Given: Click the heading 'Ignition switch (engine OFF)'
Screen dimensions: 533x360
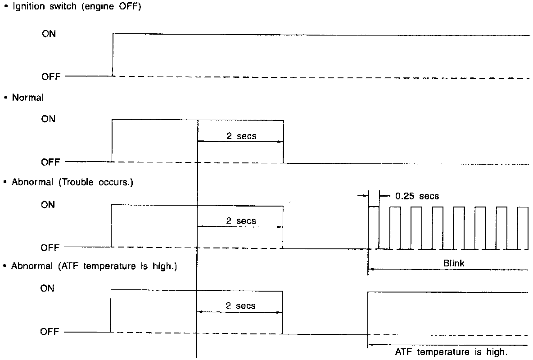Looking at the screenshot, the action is click(x=75, y=8).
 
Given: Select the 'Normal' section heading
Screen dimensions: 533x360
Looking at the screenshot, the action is click(x=28, y=98).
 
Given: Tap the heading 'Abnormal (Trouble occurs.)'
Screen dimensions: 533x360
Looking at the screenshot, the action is click(x=72, y=183).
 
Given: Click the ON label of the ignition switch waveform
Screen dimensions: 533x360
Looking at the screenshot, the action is click(x=49, y=34).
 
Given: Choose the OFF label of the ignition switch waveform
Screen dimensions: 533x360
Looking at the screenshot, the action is click(x=51, y=77).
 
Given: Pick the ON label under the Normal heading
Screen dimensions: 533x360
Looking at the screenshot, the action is click(x=49, y=119).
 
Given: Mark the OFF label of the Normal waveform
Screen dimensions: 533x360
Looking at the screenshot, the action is click(x=51, y=162).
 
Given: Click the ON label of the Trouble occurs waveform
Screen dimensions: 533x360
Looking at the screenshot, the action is click(x=49, y=205).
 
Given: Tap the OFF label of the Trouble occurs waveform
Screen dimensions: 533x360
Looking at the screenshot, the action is click(x=51, y=248).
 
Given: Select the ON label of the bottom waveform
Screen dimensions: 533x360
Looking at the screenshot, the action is click(x=47, y=288).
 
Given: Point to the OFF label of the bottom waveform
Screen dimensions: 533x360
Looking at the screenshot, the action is click(x=50, y=332).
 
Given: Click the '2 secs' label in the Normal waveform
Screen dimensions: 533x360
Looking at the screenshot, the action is click(x=241, y=135).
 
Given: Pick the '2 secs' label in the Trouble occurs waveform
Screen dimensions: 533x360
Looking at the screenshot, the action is click(x=241, y=220).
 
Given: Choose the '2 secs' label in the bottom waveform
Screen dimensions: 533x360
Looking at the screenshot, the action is click(x=241, y=306).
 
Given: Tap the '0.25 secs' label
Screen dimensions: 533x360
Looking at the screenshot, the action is click(x=417, y=196).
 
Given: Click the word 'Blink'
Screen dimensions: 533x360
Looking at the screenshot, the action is click(x=454, y=263).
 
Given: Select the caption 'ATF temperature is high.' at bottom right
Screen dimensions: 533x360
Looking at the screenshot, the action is click(x=454, y=352).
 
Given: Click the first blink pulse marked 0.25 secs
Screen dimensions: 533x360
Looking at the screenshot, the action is click(x=374, y=228).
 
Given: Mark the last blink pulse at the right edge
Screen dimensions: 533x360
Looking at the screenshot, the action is click(x=523, y=228).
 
